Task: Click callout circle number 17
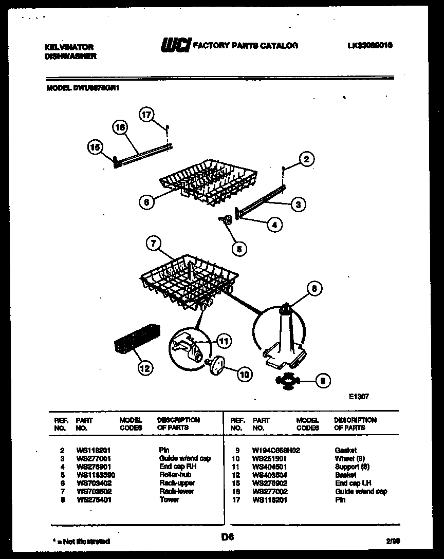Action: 147,115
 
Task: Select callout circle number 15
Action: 94,148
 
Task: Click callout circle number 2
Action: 306,159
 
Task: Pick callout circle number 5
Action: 238,249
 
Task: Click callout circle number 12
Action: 145,368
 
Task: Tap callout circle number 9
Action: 322,381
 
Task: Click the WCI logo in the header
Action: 175,46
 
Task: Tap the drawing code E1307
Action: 358,397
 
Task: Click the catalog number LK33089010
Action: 370,45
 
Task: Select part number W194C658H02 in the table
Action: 276,450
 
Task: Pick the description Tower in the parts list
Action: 169,499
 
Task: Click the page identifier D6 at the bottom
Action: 228,537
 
